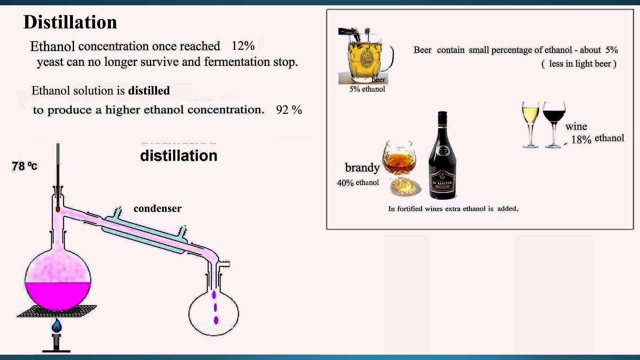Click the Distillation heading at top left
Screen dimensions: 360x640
click(x=70, y=22)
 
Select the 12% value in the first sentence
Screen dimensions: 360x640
click(x=243, y=46)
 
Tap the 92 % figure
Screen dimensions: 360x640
click(x=288, y=109)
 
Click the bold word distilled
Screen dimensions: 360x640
click(x=149, y=90)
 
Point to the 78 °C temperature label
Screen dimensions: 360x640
click(x=24, y=166)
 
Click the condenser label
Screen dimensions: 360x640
click(x=157, y=208)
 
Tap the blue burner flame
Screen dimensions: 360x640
click(x=56, y=326)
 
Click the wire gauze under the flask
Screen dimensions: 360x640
click(x=56, y=311)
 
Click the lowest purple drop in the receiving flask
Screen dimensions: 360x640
click(x=216, y=319)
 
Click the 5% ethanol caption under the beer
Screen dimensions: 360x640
click(x=367, y=89)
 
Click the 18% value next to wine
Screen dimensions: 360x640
click(x=581, y=139)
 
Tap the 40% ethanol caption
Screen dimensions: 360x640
click(x=357, y=182)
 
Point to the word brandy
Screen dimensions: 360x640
click(x=362, y=167)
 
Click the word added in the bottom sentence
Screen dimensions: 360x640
click(x=507, y=208)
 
